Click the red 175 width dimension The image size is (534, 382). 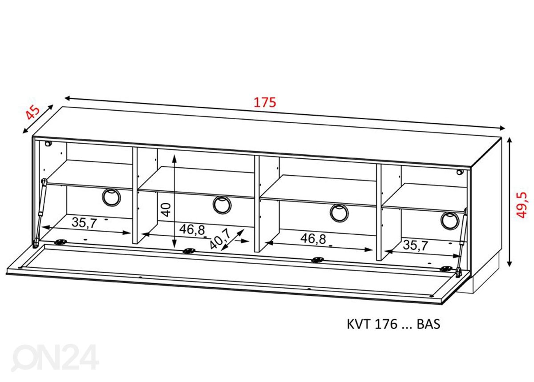click(x=265, y=102)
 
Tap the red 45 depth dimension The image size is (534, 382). click(x=32, y=113)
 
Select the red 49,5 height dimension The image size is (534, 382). click(x=522, y=205)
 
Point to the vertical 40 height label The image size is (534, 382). click(x=166, y=210)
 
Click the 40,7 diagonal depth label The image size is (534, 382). click(x=220, y=238)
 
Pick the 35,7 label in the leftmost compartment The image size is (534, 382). click(x=84, y=223)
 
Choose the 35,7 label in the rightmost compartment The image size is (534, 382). click(x=416, y=245)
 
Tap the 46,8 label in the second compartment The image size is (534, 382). click(x=192, y=230)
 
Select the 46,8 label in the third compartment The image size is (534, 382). click(x=313, y=239)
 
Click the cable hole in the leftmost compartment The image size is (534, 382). click(x=111, y=197)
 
